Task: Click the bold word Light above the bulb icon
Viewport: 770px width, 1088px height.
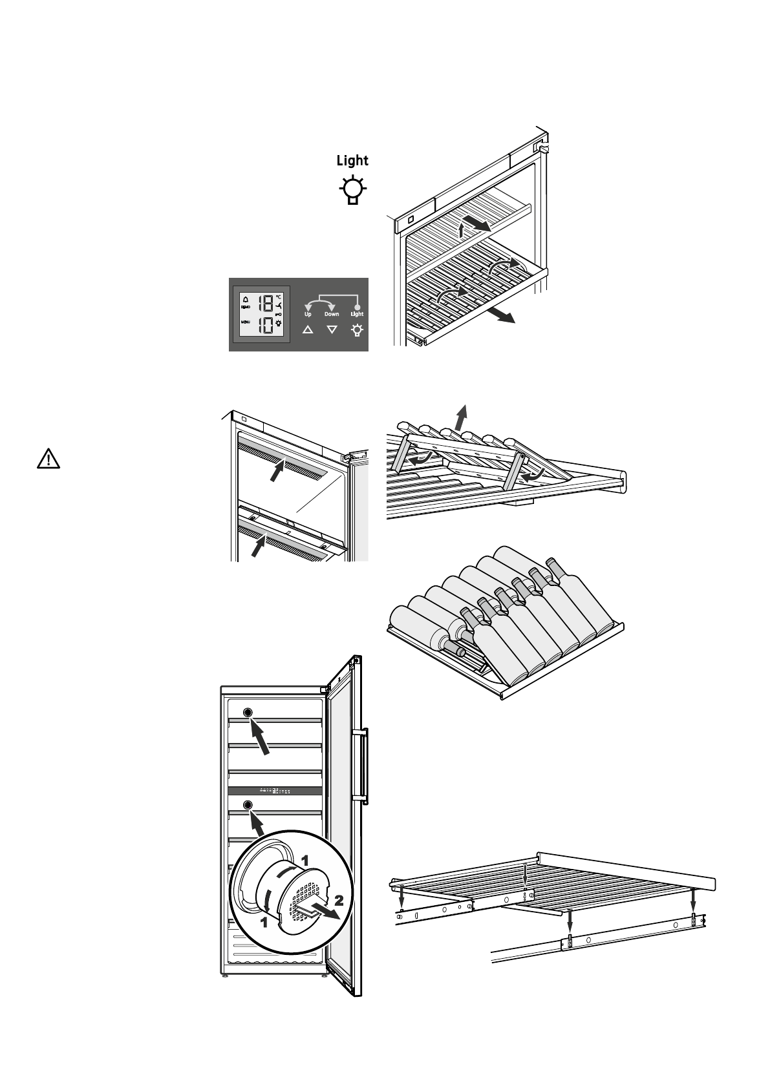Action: [352, 160]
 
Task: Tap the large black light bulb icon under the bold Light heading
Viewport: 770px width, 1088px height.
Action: [352, 190]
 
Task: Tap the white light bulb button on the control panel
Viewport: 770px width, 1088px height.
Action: [356, 330]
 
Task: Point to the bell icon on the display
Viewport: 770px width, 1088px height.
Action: [246, 299]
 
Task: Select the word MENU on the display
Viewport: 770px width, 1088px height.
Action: [246, 322]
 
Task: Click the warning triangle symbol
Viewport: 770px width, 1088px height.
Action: [48, 459]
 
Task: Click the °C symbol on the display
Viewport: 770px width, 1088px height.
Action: [279, 297]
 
